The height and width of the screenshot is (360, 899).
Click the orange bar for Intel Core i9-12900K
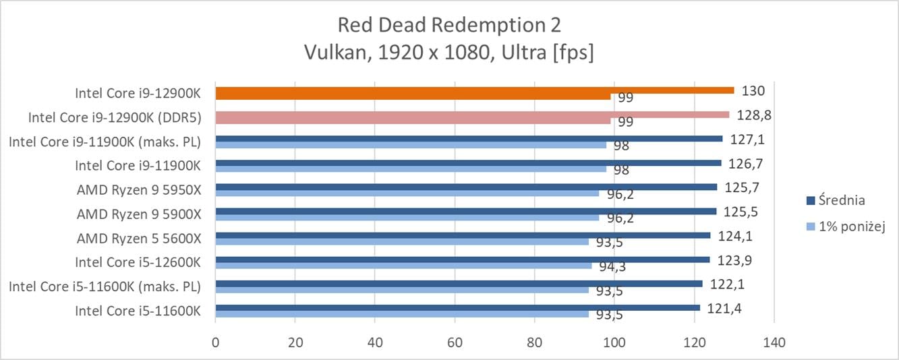[x=472, y=90]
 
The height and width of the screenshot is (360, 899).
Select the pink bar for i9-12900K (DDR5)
[x=472, y=115]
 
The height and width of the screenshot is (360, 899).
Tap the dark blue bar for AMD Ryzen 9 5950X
[x=465, y=187]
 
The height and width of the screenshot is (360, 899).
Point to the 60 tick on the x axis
[x=455, y=342]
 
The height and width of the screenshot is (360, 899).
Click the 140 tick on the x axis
[x=774, y=342]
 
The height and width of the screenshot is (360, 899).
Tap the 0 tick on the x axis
[x=215, y=342]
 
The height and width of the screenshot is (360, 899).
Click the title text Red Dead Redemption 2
[x=449, y=25]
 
